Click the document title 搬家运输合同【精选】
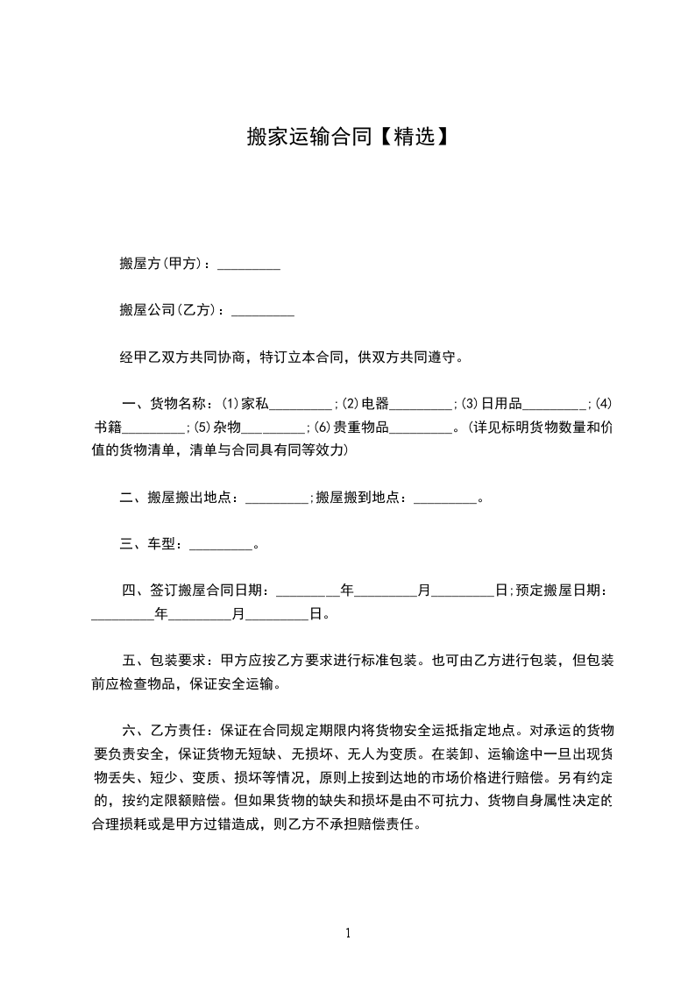[x=348, y=138]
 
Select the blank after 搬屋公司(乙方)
[x=262, y=311]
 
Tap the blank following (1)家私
[x=301, y=405]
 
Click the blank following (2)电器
[x=421, y=405]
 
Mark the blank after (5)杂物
[x=273, y=428]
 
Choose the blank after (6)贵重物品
[x=420, y=428]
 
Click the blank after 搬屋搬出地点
[x=277, y=499]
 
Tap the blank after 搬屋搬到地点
[x=444, y=499]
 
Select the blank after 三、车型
[x=221, y=546]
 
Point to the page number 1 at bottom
[x=348, y=933]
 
